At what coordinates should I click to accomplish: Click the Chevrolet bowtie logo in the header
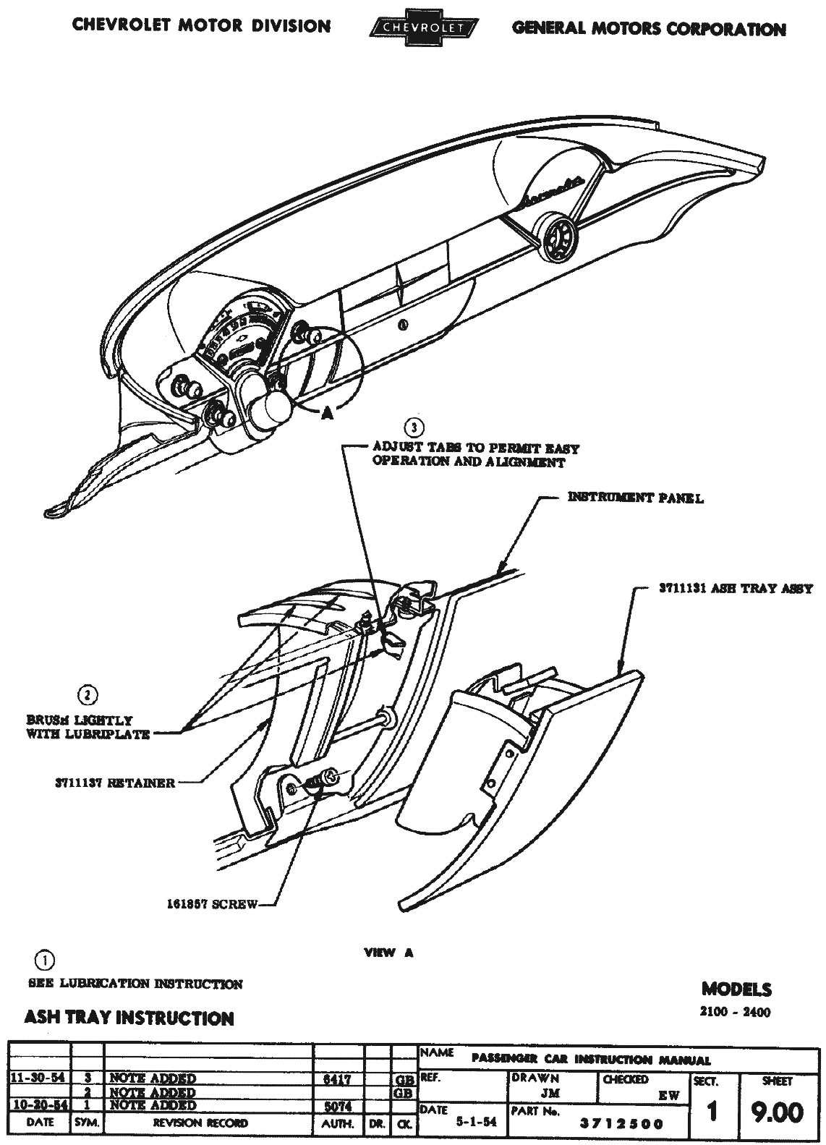point(423,28)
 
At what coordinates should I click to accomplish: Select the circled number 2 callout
point(87,695)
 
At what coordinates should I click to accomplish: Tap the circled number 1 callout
point(43,961)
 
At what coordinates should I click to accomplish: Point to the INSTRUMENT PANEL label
point(635,498)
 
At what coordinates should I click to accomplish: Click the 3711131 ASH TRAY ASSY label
point(735,589)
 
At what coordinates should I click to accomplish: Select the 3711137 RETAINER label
point(114,783)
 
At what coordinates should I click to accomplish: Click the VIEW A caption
point(388,953)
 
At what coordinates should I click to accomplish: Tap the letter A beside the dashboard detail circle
point(327,412)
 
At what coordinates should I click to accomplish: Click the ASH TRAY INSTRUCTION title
point(129,1018)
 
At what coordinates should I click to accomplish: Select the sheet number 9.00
point(777,1112)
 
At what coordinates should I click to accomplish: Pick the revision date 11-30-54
point(38,1078)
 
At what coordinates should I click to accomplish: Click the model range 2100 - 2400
point(735,1012)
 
